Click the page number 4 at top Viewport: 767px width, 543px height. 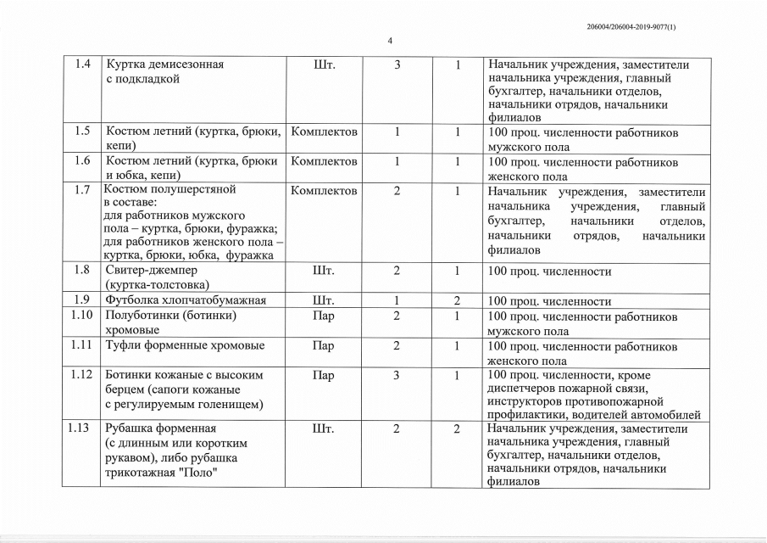pos(389,41)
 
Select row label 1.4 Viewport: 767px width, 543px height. pos(83,65)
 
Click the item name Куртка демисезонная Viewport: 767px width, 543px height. pos(165,65)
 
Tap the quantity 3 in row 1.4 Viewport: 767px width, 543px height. pos(397,65)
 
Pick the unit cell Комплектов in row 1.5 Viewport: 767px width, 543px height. pos(324,132)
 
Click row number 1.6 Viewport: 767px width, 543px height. pos(82,160)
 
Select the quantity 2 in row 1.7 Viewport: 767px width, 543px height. pos(397,191)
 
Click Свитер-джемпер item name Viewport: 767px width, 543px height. pos(152,271)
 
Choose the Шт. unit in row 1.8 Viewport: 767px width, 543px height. pos(324,271)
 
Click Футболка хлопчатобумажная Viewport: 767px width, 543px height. pos(186,300)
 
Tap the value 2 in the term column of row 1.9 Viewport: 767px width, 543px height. pos(456,300)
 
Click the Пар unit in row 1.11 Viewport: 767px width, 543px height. pos(323,345)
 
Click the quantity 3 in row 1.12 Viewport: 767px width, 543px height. pos(397,374)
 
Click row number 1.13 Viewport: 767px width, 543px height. pos(81,428)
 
